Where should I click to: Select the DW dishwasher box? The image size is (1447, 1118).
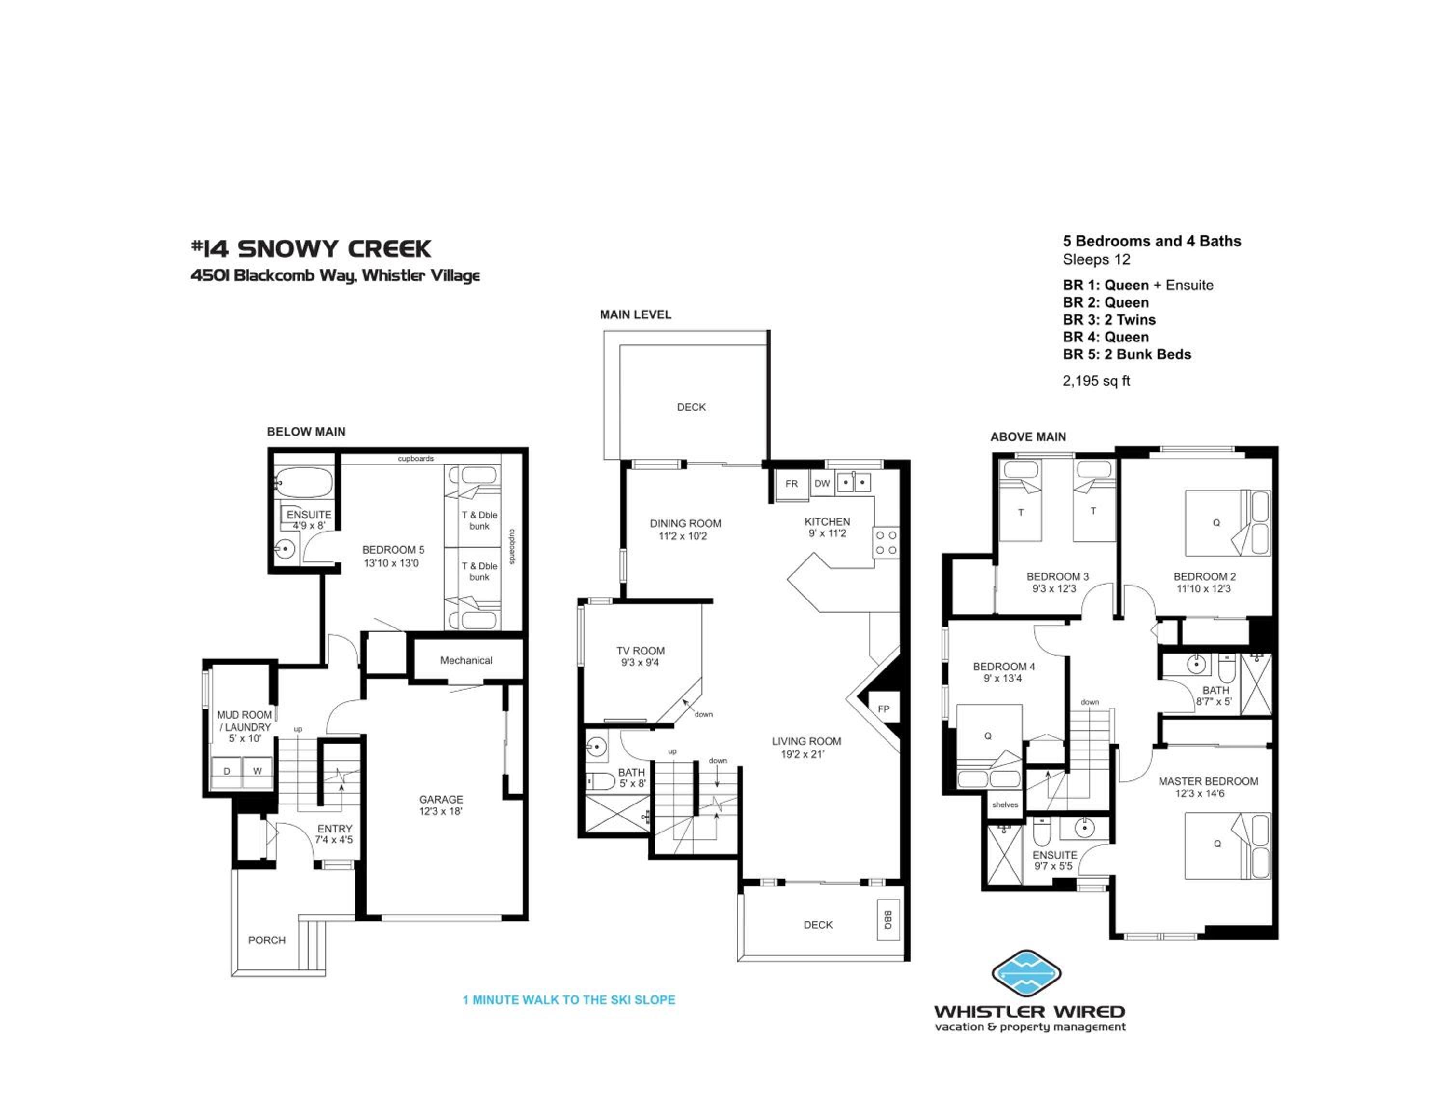(821, 483)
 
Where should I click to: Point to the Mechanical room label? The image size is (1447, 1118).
(466, 660)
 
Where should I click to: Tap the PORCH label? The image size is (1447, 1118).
(267, 941)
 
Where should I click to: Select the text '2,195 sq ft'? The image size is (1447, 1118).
(1096, 381)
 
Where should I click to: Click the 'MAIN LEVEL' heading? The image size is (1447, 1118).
(635, 314)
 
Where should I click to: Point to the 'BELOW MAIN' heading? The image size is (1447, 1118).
(306, 432)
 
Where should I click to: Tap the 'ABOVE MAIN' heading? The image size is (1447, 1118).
(1028, 437)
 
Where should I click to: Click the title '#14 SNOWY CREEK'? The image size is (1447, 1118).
(311, 249)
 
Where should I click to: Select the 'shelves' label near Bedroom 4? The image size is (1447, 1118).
(1005, 804)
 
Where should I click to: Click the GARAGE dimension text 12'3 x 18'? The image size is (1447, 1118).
(440, 811)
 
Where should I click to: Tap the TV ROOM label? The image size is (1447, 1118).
(641, 651)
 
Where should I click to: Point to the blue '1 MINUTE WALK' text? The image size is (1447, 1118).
(569, 1000)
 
